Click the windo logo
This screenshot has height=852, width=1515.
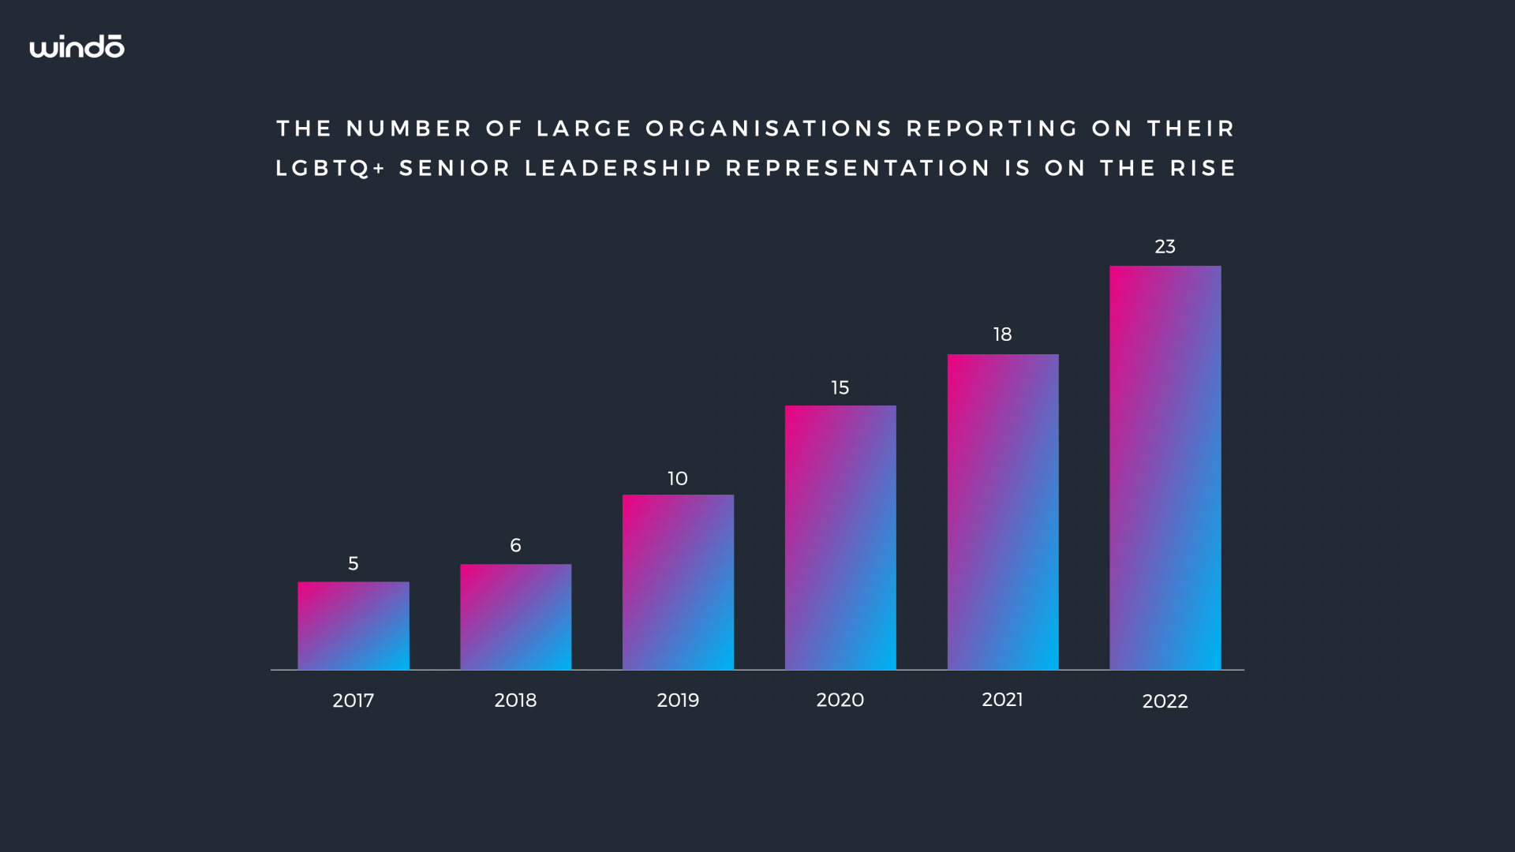coord(77,47)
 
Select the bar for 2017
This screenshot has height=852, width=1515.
coord(353,626)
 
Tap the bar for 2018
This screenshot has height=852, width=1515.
coord(515,617)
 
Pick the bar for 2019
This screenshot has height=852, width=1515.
coord(678,582)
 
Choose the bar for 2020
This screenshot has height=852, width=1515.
coord(840,537)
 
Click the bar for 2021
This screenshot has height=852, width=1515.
coord(1003,512)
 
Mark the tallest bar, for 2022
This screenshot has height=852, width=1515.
coord(1165,468)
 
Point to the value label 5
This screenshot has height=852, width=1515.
coord(353,563)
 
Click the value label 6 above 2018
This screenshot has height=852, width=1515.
coord(515,545)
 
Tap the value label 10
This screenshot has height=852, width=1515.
coord(678,479)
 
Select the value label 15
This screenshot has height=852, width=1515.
coord(840,388)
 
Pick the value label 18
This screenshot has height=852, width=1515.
coord(1002,334)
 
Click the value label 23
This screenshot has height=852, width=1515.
coord(1165,247)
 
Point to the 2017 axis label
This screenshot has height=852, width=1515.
coord(353,701)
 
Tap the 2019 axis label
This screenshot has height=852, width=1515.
coord(678,701)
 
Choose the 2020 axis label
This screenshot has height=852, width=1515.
coord(840,700)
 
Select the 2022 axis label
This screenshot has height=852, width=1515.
coord(1165,701)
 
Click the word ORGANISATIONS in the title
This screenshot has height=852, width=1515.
coord(769,129)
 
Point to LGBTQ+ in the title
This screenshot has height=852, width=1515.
coord(331,169)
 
